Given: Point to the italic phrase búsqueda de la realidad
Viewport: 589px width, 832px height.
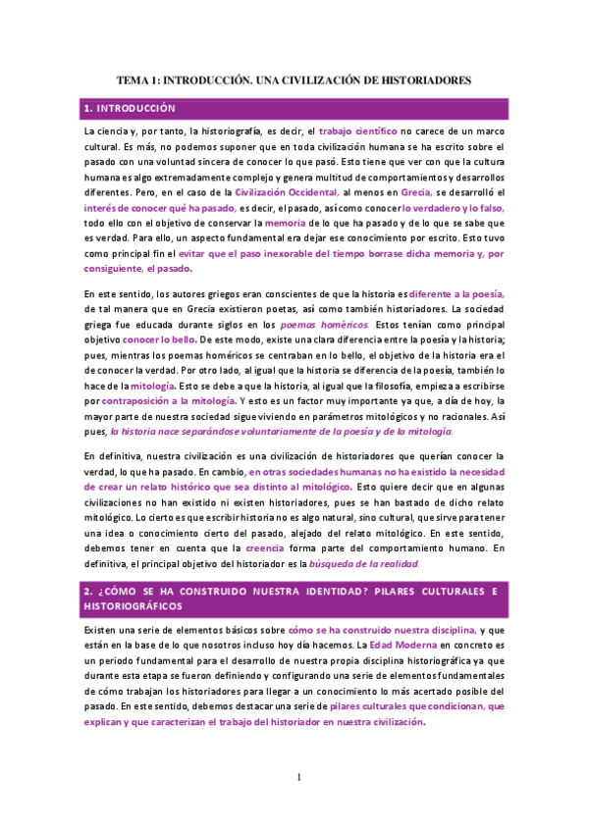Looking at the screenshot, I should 364,564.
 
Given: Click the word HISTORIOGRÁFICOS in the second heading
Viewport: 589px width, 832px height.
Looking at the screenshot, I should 134,606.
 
